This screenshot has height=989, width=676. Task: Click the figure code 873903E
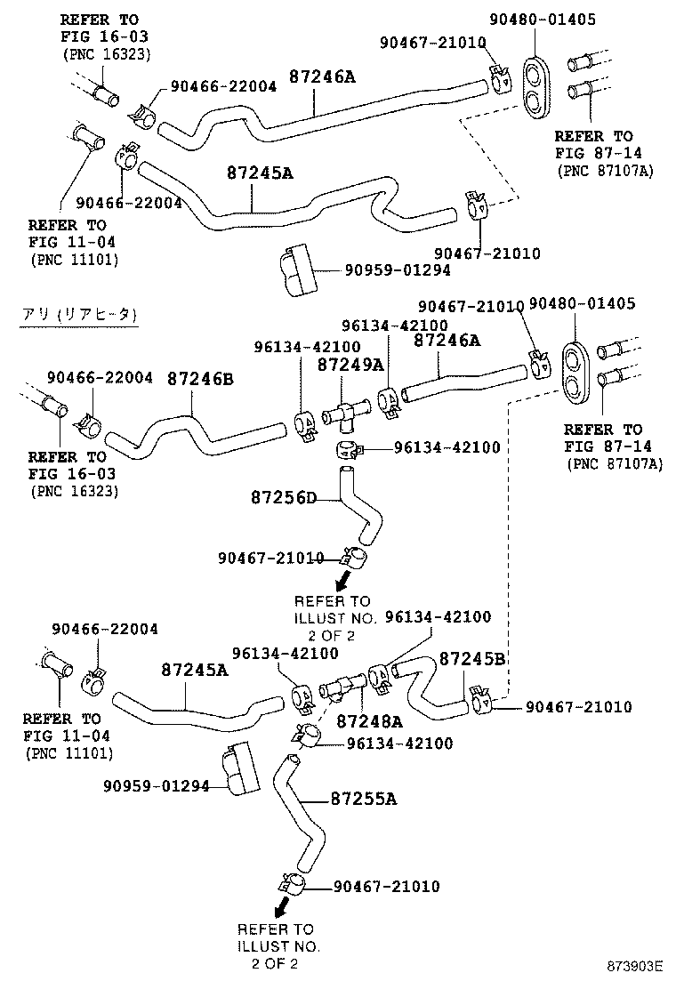635,966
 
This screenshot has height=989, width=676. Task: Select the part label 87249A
350,365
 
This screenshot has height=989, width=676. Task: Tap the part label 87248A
369,721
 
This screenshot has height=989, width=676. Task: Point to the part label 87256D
284,498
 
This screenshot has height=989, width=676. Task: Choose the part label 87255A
364,800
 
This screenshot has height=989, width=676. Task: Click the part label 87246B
200,379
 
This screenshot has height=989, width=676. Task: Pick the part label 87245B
473,659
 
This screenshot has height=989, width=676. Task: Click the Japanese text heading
79,314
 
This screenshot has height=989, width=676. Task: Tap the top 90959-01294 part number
398,270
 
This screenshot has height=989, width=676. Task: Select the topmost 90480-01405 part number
543,20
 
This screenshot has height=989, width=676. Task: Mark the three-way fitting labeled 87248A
342,686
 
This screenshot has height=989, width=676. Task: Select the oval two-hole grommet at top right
537,88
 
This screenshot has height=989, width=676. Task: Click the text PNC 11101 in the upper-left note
75,259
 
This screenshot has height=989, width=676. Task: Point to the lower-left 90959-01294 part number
157,786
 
